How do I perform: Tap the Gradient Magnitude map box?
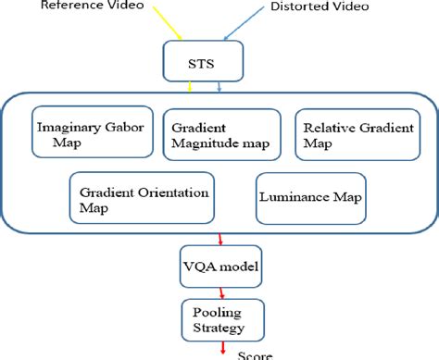pos(222,133)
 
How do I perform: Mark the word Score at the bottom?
pos(257,354)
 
